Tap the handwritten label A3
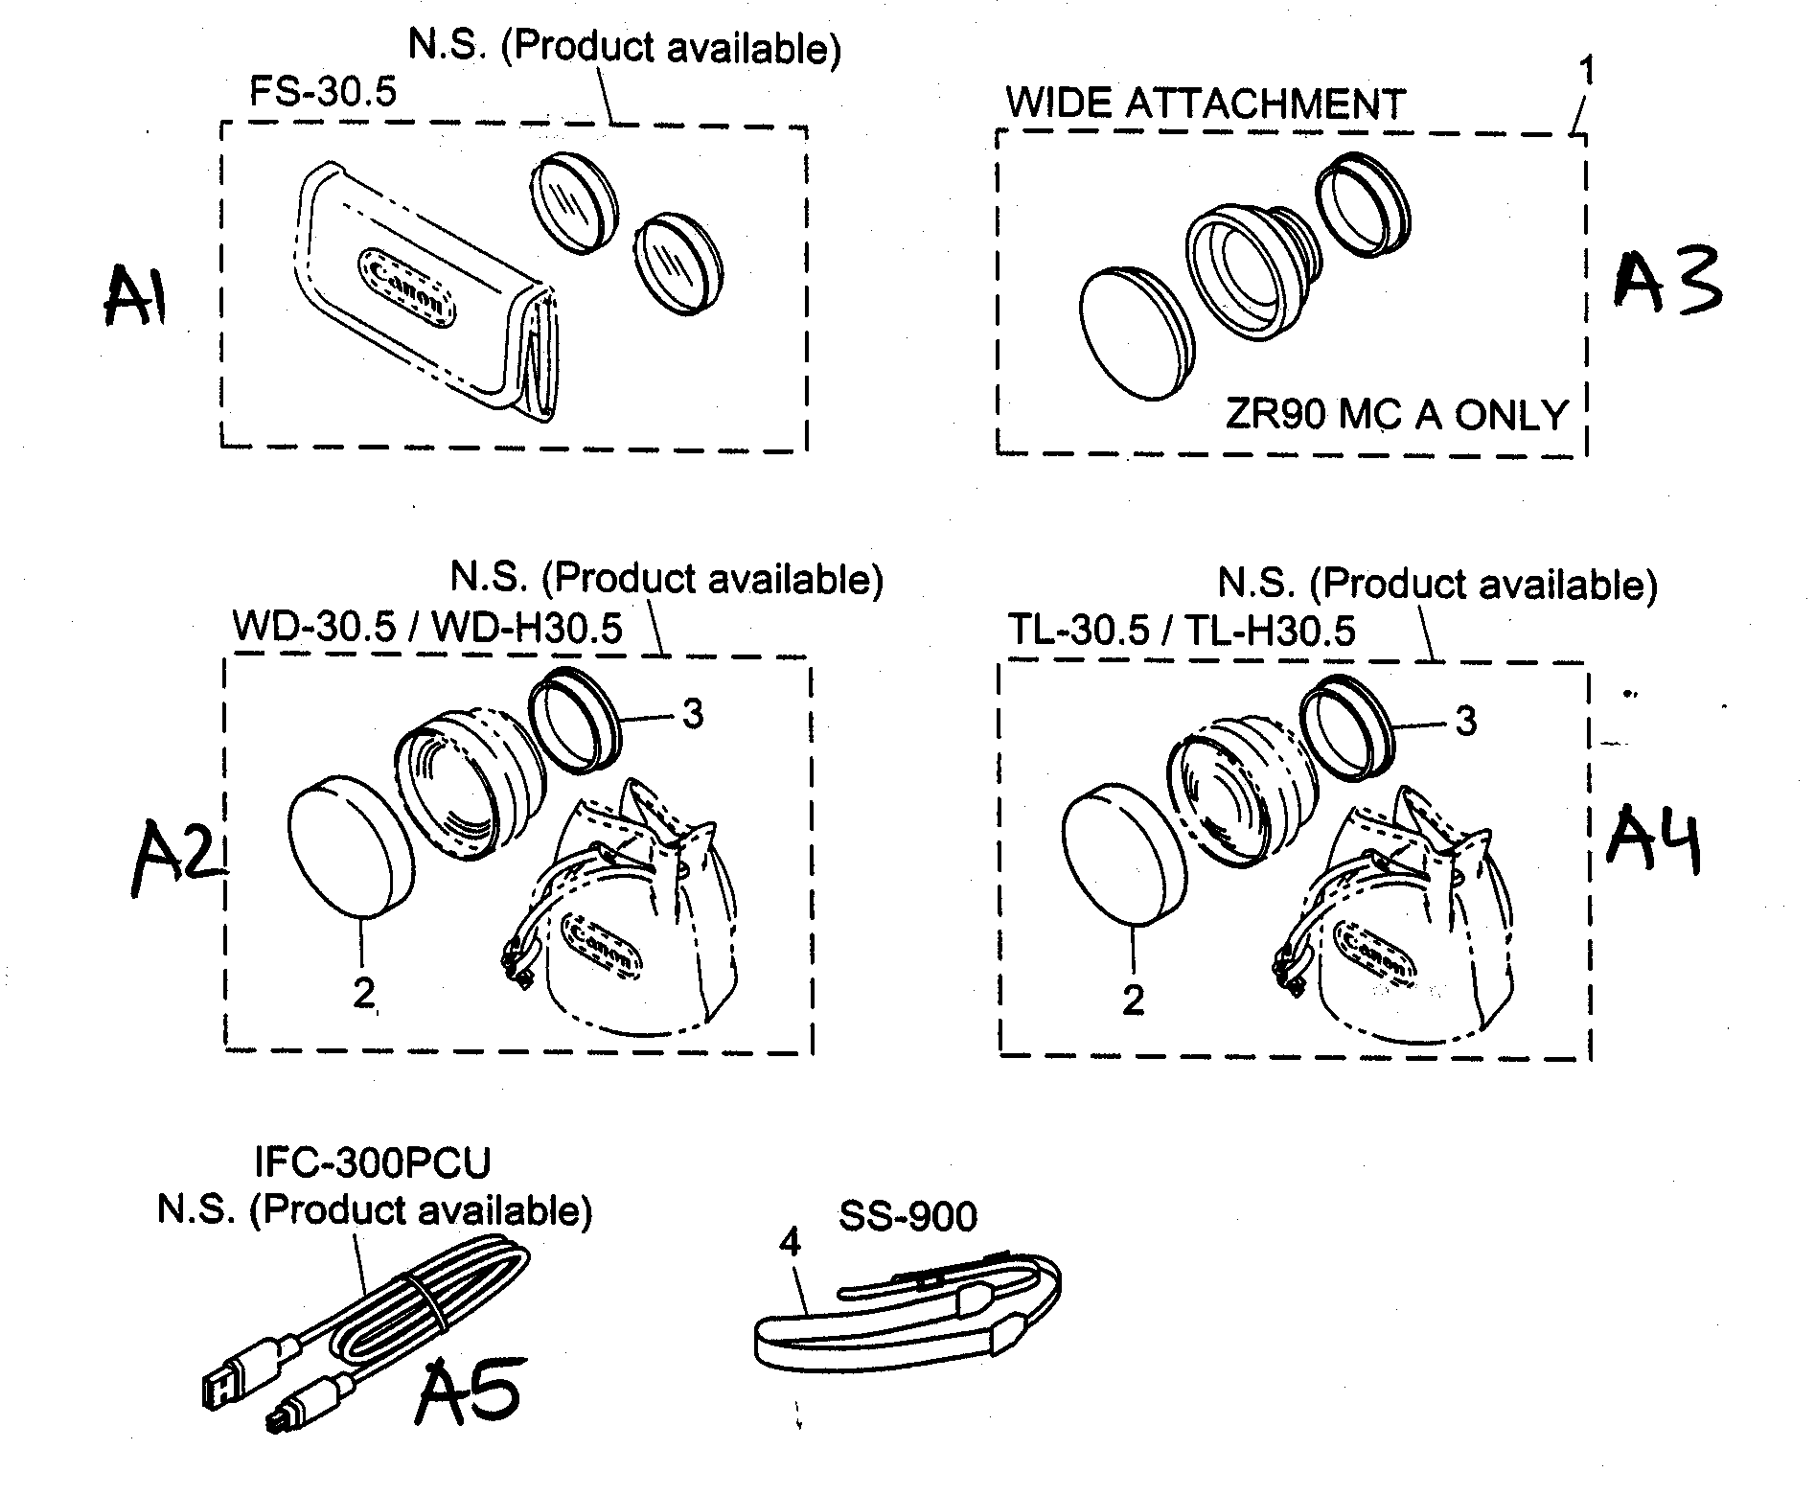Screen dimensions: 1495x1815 click(x=1666, y=279)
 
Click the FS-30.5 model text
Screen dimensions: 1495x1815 click(x=322, y=93)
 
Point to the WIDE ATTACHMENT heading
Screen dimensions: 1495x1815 click(x=1206, y=103)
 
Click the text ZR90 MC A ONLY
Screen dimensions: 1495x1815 click(x=1396, y=415)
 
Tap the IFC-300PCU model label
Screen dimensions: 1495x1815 click(x=372, y=1163)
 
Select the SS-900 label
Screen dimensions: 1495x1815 click(x=907, y=1216)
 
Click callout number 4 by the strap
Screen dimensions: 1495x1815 click(x=789, y=1243)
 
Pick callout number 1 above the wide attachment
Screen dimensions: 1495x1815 click(x=1586, y=71)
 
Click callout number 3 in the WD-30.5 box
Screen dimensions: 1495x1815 click(x=692, y=713)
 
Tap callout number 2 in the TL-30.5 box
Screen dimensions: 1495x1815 click(x=1133, y=1000)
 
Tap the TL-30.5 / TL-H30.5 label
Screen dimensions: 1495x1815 click(x=1181, y=631)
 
